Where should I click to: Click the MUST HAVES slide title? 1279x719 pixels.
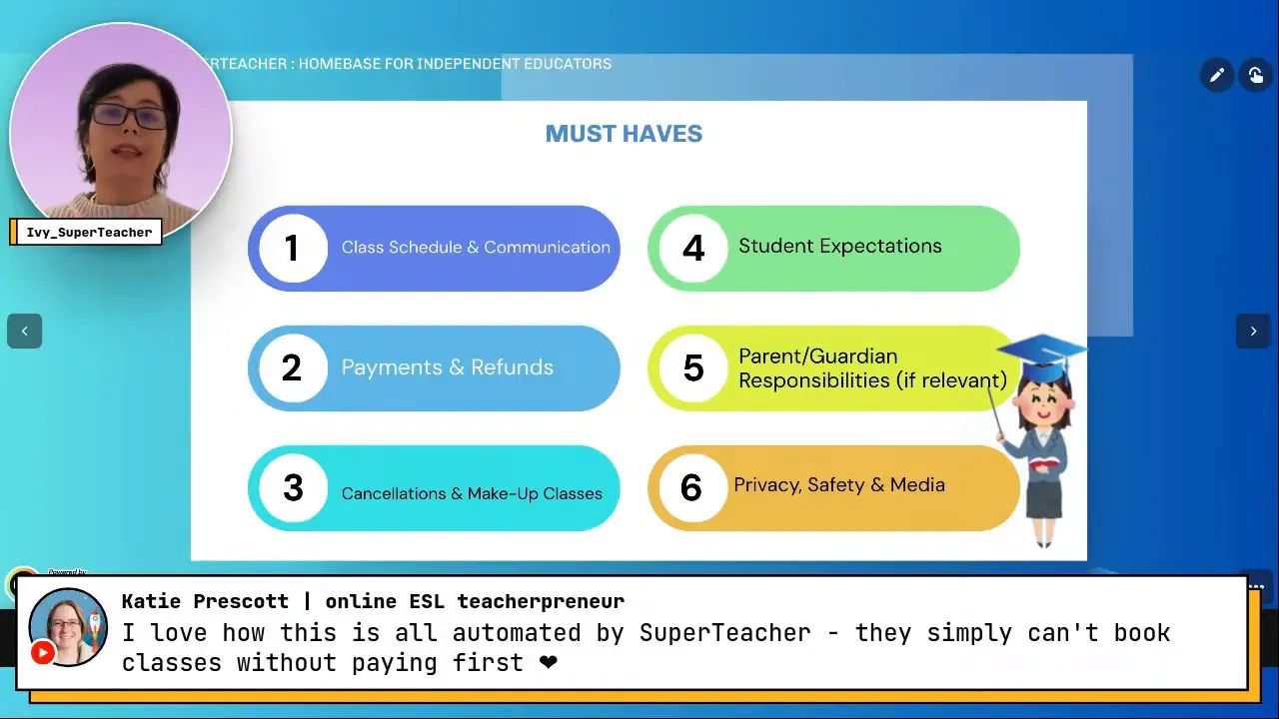(624, 134)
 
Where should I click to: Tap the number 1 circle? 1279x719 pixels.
(292, 248)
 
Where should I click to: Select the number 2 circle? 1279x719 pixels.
(292, 367)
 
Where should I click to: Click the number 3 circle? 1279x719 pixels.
(292, 487)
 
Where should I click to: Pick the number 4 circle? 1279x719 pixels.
(692, 248)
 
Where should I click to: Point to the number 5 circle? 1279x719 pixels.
(692, 367)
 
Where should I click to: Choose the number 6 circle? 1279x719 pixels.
(691, 487)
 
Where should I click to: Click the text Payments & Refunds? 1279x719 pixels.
(447, 367)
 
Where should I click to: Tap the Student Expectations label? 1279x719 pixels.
(839, 247)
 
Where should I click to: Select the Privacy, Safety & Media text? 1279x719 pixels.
(838, 485)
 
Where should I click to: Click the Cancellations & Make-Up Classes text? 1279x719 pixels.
(472, 493)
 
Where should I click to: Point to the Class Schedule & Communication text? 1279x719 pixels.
(476, 248)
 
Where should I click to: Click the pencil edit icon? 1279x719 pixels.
(1216, 75)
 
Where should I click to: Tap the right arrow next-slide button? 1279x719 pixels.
(1253, 332)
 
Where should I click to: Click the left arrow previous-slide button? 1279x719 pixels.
(25, 332)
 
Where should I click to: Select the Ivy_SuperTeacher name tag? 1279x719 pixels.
(88, 233)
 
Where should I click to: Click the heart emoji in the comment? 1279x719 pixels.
(548, 662)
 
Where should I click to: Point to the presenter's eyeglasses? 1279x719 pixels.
(130, 116)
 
